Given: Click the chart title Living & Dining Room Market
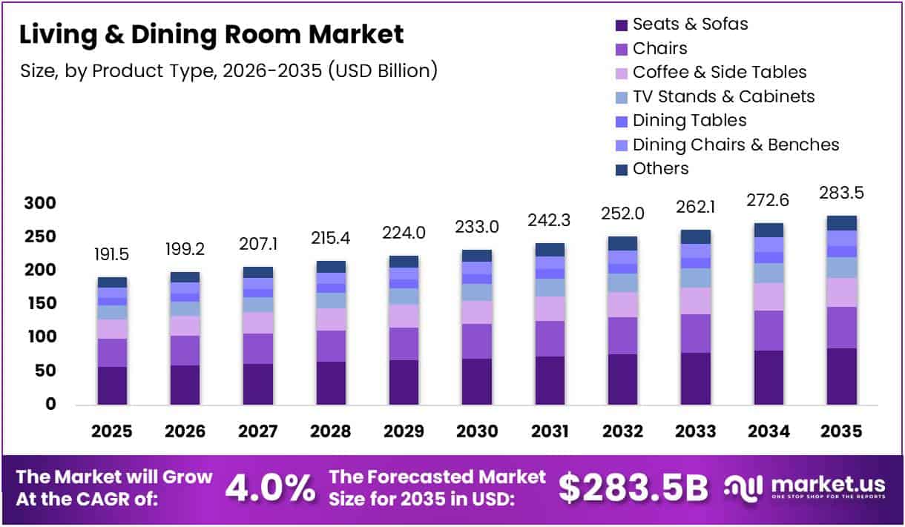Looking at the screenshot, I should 211,35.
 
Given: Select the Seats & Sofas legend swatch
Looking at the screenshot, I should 622,25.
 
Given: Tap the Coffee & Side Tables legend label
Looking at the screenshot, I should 719,73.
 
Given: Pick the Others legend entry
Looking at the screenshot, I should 660,169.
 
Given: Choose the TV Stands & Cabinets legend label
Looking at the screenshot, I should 723,97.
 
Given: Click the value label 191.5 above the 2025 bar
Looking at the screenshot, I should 112,253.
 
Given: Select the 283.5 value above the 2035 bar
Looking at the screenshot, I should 841,193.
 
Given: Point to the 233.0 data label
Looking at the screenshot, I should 476,228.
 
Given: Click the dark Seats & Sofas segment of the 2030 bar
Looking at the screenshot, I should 476,382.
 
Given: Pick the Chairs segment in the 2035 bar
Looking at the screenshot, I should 841,328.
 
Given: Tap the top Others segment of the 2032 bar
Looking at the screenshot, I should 622,243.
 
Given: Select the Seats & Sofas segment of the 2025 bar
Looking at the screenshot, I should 112,385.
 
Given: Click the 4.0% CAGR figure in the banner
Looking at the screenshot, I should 269,487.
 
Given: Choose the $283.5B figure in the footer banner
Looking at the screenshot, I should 633,487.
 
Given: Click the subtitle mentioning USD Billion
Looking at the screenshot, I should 228,71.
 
